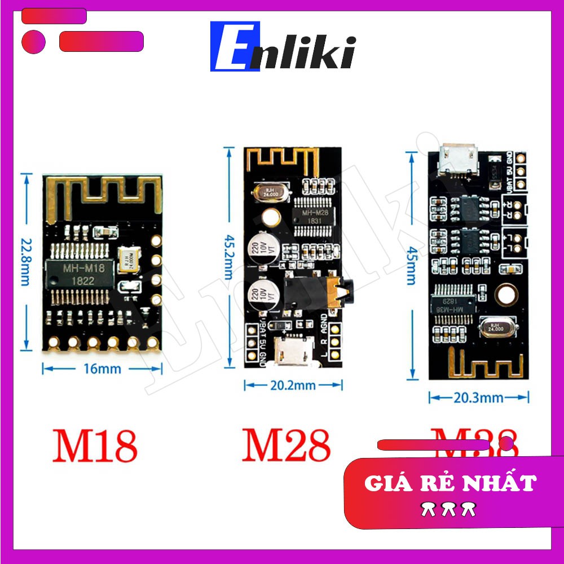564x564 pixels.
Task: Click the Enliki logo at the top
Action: [283, 47]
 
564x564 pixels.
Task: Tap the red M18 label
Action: [95, 446]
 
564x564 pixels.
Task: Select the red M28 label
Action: [286, 445]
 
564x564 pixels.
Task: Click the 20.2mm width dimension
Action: [293, 386]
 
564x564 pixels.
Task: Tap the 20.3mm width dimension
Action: [478, 398]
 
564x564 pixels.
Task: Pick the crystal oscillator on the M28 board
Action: [268, 193]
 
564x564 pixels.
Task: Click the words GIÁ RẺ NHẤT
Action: [450, 483]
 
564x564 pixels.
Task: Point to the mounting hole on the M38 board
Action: [506, 293]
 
